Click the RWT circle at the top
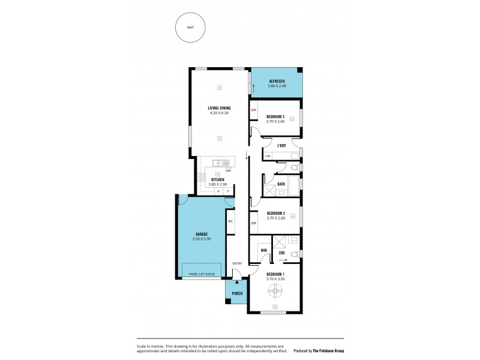click(190, 28)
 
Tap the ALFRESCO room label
click(277, 81)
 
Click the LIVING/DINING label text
click(220, 108)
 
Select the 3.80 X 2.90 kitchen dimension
click(217, 184)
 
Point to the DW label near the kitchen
click(229, 171)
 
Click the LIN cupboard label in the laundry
click(268, 157)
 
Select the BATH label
click(281, 184)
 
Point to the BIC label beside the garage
click(230, 221)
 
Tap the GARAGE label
click(202, 234)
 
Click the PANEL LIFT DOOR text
click(202, 274)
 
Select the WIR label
click(263, 250)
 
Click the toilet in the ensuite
click(295, 256)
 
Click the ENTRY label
click(238, 263)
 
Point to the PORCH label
click(236, 294)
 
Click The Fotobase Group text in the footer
click(328, 351)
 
